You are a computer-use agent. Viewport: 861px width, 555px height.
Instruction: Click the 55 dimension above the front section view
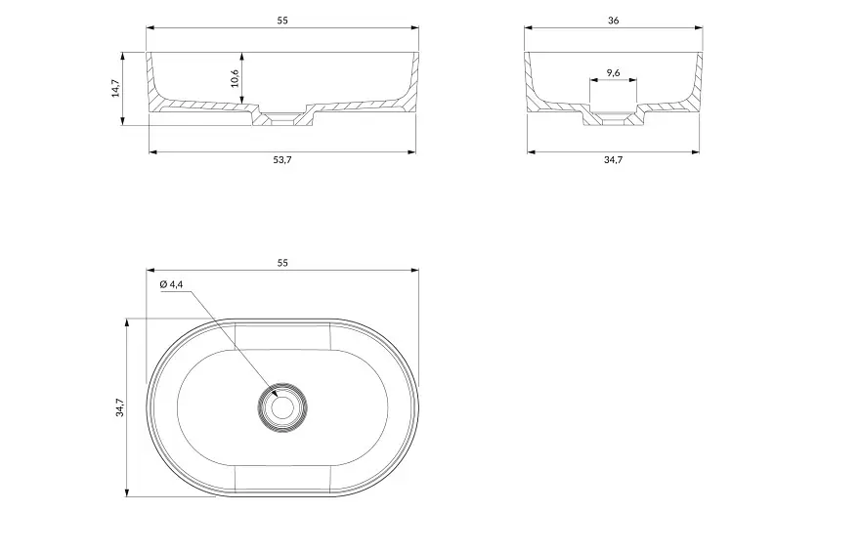click(282, 21)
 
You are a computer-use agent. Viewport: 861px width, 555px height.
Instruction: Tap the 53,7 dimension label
click(282, 159)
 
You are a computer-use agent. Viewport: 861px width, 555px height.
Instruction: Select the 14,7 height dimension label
click(115, 88)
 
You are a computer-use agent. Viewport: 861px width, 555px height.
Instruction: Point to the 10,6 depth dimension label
click(235, 78)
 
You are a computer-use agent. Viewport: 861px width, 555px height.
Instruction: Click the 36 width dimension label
click(614, 21)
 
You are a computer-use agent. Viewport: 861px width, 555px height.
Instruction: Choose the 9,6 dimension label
click(614, 72)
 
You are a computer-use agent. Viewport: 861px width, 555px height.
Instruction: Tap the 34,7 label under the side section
click(614, 159)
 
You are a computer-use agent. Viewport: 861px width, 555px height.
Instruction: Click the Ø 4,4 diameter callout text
click(171, 284)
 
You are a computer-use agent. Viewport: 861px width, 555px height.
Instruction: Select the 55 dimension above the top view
click(282, 263)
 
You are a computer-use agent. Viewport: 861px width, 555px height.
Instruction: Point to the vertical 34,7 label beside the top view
click(119, 407)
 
